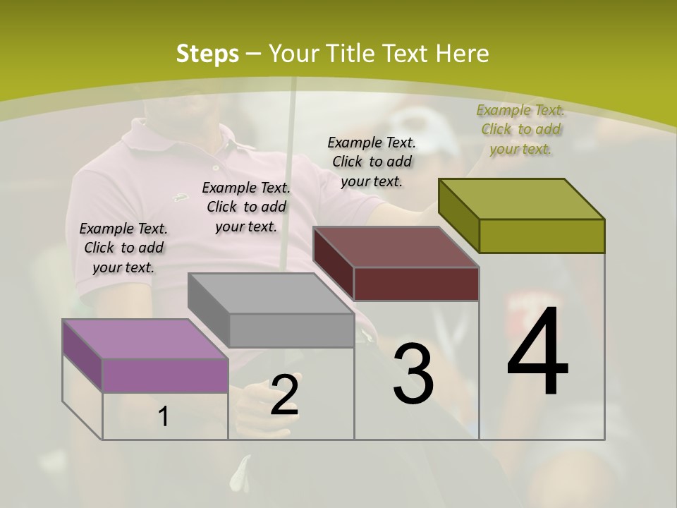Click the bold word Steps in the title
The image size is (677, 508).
pos(207,54)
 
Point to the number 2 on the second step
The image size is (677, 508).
pos(284,395)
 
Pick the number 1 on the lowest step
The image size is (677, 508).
pos(164,417)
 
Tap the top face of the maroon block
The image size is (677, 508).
pos(396,247)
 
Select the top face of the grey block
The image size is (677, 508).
pos(271,294)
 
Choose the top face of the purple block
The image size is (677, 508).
pos(145,339)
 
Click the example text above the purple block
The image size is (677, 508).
pos(123,248)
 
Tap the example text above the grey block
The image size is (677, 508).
pos(246,207)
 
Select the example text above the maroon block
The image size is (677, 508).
pos(372,162)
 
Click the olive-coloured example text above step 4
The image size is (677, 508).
pos(520,129)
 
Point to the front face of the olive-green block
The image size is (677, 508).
pos(542,236)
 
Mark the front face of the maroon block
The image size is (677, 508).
pos(416,284)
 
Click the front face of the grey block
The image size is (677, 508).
pos(291,330)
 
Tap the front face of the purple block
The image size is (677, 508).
pos(165,375)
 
